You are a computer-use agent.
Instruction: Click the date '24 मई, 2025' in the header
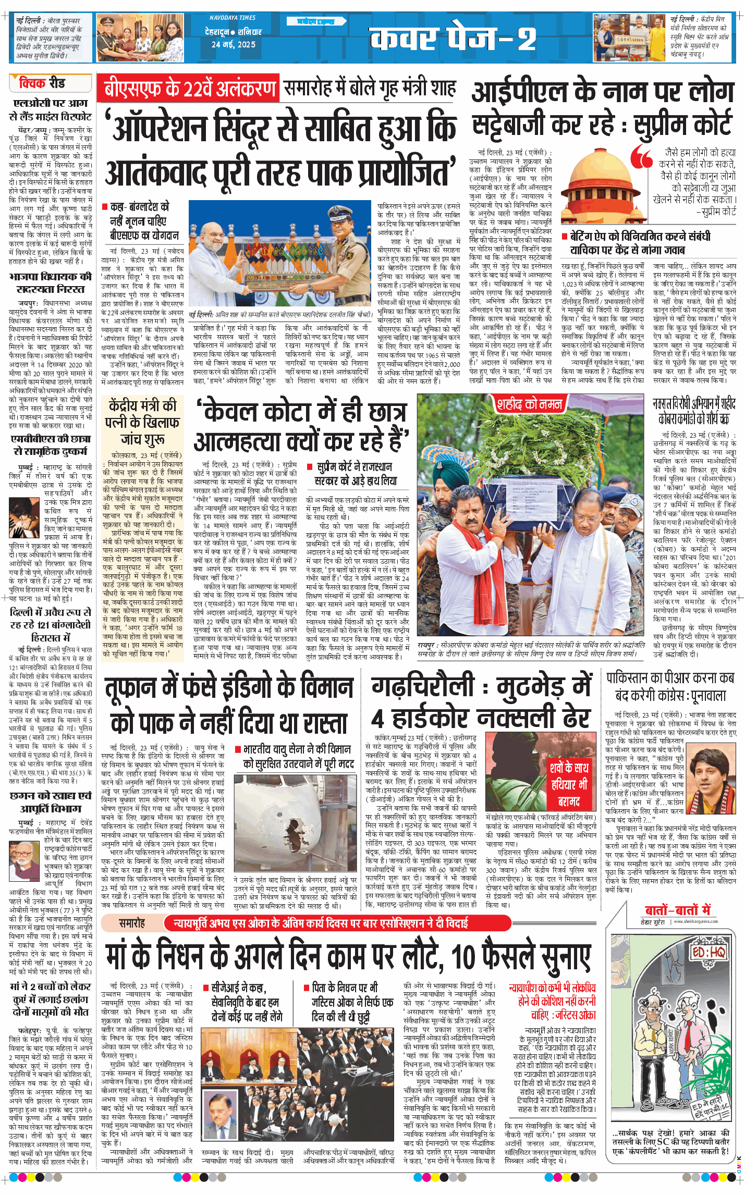[x=233, y=45]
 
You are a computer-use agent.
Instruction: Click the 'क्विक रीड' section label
[x=42, y=83]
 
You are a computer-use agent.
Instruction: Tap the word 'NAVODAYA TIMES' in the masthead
[x=233, y=18]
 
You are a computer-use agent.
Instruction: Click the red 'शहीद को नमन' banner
[x=529, y=404]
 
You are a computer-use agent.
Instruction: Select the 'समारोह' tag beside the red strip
[x=132, y=923]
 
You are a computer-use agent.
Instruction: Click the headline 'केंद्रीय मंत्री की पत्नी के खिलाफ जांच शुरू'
[x=142, y=422]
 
